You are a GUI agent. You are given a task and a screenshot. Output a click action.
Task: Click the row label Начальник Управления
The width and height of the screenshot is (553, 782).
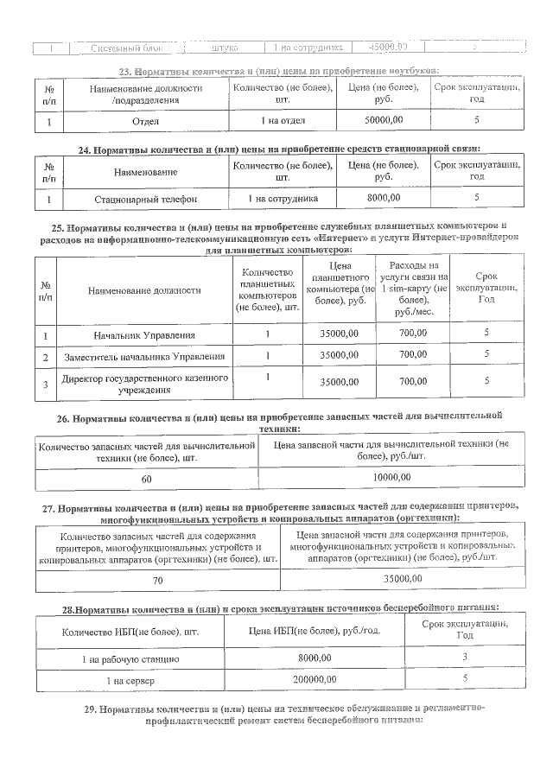pyautogui.click(x=145, y=334)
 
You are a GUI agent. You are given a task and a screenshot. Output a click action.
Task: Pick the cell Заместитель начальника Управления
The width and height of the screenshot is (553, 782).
pyautogui.click(x=145, y=356)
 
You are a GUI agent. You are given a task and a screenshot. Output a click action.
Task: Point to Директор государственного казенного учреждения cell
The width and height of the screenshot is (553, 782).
pyautogui.click(x=145, y=385)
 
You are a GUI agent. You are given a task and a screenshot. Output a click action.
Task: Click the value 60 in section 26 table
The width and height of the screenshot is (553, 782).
pyautogui.click(x=146, y=478)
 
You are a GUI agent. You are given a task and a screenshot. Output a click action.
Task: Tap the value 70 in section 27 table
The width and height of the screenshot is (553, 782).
pyautogui.click(x=157, y=579)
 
